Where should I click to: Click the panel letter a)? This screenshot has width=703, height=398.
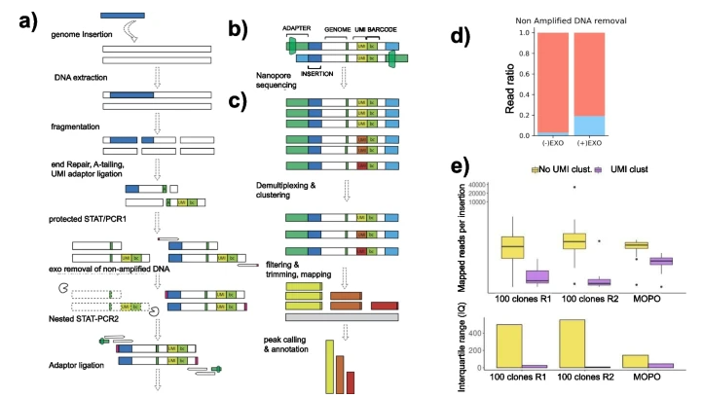point(25,22)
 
